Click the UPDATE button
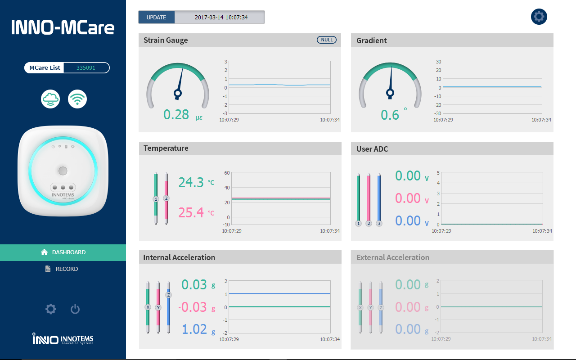(156, 18)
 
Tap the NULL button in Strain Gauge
(327, 40)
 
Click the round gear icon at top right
(539, 17)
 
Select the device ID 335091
(86, 68)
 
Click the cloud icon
(50, 99)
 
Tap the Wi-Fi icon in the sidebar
(77, 99)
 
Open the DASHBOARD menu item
(63, 252)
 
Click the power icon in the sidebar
(75, 309)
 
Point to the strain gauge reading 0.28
(176, 115)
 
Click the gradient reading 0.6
(390, 115)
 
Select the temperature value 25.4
(191, 212)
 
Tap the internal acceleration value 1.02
(194, 329)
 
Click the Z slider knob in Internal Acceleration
(169, 295)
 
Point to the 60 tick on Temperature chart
(227, 173)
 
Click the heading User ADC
(372, 149)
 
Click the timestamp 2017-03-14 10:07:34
(221, 18)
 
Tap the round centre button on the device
(63, 171)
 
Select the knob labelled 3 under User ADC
(379, 224)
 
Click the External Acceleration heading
(393, 257)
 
